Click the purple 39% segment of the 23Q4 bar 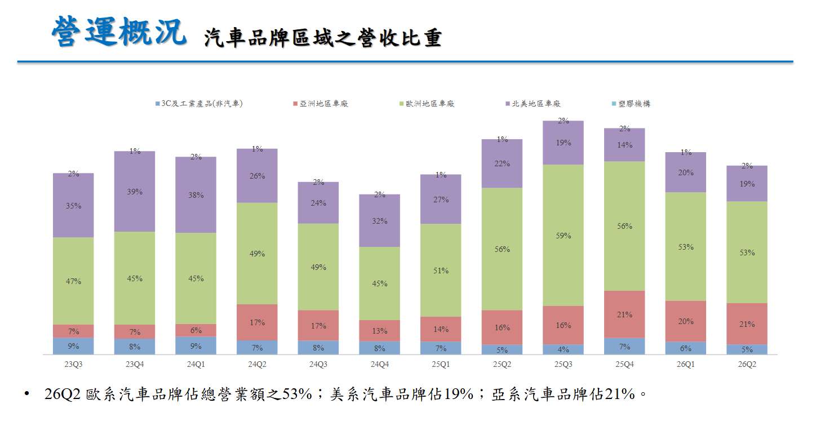pyautogui.click(x=135, y=192)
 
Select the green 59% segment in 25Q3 pyautogui.click(x=563, y=235)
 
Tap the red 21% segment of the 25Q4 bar pyautogui.click(x=624, y=314)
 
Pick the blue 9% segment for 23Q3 pyautogui.click(x=73, y=346)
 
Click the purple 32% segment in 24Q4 pyautogui.click(x=379, y=221)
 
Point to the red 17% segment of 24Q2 pyautogui.click(x=257, y=322)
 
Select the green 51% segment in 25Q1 pyautogui.click(x=441, y=271)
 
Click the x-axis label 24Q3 pyautogui.click(x=318, y=364)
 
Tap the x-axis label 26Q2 pyautogui.click(x=747, y=364)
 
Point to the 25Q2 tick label pyautogui.click(x=502, y=364)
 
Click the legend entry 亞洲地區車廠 pyautogui.click(x=321, y=104)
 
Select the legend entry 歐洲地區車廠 pyautogui.click(x=427, y=104)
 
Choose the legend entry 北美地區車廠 pyautogui.click(x=533, y=104)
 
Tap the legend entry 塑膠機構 pyautogui.click(x=631, y=104)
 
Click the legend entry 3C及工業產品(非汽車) pyautogui.click(x=199, y=104)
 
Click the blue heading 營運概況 pyautogui.click(x=119, y=32)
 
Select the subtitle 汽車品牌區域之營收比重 pyautogui.click(x=323, y=38)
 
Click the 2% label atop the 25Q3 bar pyautogui.click(x=563, y=121)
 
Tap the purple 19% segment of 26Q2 pyautogui.click(x=747, y=184)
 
